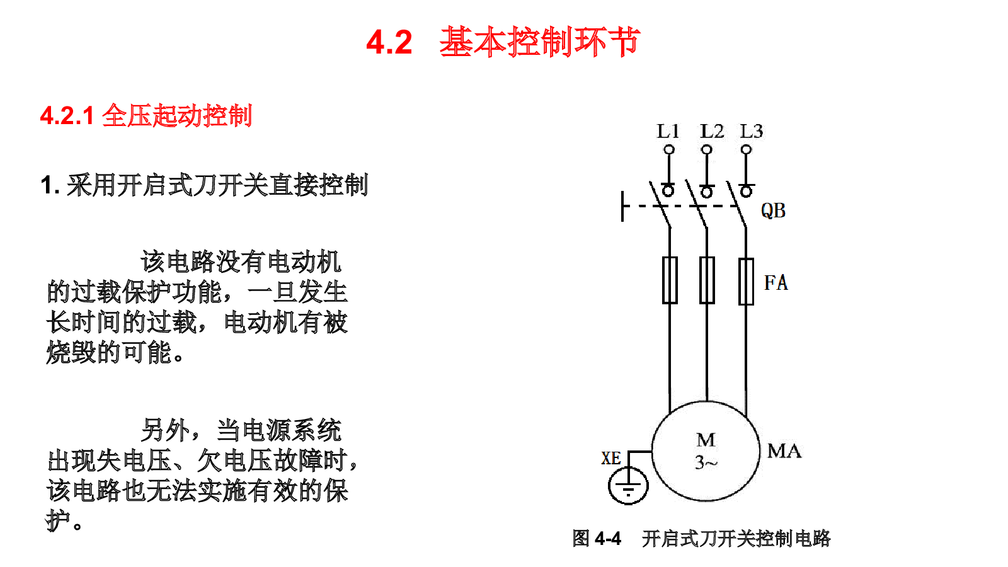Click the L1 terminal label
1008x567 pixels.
coord(668,131)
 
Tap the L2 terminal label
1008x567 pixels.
coord(711,131)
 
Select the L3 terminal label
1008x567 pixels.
coord(752,131)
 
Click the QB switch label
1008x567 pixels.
coord(773,210)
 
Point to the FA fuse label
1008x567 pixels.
coord(776,283)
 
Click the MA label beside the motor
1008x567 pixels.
coord(784,450)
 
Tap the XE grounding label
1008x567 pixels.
coord(611,458)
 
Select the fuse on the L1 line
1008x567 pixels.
coord(670,280)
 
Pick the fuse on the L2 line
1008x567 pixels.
coord(707,280)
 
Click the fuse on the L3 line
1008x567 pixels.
coord(746,281)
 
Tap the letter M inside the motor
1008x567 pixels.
coord(706,440)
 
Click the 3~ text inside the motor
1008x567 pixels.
coord(706,462)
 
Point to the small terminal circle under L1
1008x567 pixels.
coord(669,149)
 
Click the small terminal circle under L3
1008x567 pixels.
coord(746,149)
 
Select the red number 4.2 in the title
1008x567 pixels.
coord(389,42)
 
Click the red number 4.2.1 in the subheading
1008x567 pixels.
coord(67,116)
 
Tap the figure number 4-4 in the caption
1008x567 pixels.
coord(608,539)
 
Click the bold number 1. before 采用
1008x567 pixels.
coord(50,185)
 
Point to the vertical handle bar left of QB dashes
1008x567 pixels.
coord(622,206)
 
